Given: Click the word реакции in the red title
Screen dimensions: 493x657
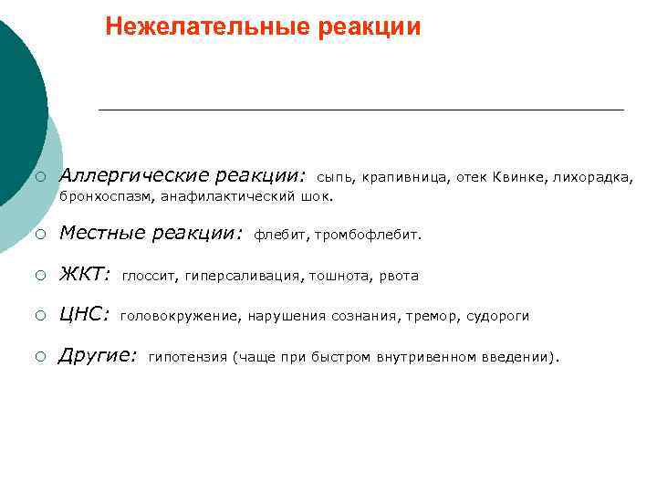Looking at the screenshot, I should click(370, 26).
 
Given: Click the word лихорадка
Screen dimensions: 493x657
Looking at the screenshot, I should click(592, 176).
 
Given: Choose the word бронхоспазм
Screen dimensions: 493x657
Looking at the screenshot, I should click(105, 195).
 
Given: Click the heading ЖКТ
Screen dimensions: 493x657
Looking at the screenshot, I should click(84, 274).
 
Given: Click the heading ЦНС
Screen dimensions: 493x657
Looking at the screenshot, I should click(84, 315).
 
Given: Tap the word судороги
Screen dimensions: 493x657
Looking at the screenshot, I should click(497, 317).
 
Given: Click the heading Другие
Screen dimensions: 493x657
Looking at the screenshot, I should click(98, 356).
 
